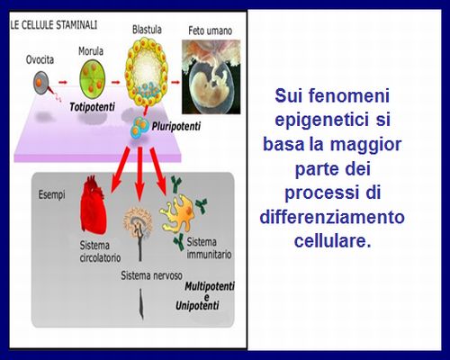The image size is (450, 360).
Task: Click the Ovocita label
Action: click(x=40, y=59)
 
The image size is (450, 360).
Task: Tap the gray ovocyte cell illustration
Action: click(x=41, y=82)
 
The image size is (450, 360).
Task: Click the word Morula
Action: click(x=91, y=51)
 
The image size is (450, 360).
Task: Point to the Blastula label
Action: click(x=147, y=30)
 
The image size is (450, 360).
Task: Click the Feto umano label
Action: click(x=210, y=31)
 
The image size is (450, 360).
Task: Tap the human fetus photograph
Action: click(x=211, y=76)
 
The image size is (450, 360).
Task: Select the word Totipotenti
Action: click(x=92, y=107)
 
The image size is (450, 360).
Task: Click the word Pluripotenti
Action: click(x=176, y=126)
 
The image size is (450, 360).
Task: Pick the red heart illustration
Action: click(x=93, y=205)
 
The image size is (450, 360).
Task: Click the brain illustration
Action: click(x=138, y=223)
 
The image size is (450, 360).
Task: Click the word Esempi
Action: click(x=51, y=194)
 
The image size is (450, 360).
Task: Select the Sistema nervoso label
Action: click(x=151, y=275)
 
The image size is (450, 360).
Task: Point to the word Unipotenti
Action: click(x=197, y=306)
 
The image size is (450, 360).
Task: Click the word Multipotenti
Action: click(x=210, y=286)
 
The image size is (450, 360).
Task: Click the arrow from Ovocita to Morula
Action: click(x=63, y=82)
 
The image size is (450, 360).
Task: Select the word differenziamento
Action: click(x=332, y=217)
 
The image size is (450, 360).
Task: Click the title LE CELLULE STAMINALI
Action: click(x=54, y=25)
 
